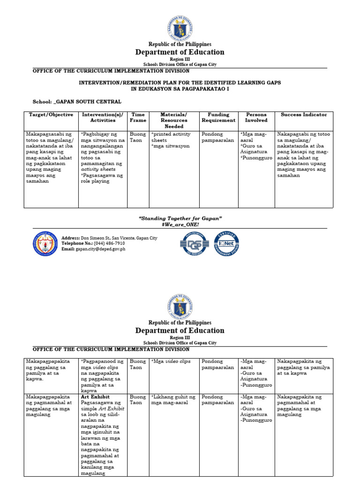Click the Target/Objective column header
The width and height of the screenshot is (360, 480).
tap(51, 114)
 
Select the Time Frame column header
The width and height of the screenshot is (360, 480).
tap(138, 117)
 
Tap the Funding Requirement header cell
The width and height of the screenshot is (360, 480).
tap(218, 117)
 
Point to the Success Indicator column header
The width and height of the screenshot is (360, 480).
tap(304, 114)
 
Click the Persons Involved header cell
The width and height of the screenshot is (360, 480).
tap(256, 117)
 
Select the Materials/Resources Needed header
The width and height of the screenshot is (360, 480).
tap(173, 120)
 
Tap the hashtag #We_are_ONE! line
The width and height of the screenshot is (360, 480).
tap(180, 225)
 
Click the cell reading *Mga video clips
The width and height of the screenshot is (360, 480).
tap(171, 361)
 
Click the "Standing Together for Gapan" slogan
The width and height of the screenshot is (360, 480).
tap(180, 218)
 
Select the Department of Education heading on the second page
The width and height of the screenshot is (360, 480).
tap(180, 330)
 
